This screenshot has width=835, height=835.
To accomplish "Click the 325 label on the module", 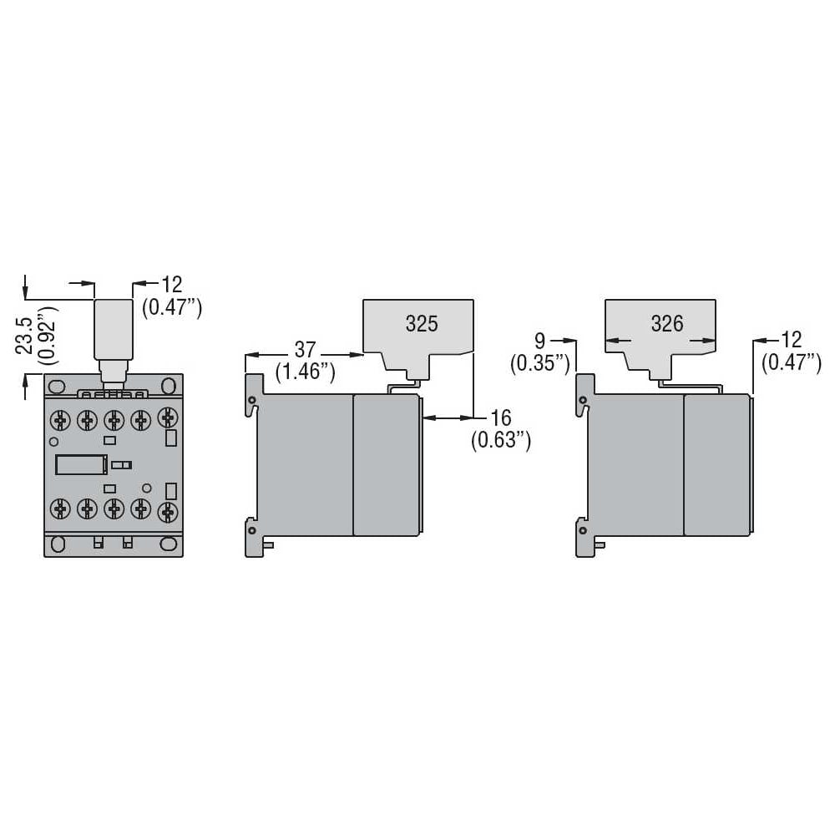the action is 422,324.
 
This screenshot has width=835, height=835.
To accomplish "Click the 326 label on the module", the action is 667,323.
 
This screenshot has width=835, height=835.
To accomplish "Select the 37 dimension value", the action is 305,350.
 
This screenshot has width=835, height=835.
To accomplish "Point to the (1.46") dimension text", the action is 306,372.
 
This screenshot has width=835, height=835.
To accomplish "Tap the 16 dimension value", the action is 500,418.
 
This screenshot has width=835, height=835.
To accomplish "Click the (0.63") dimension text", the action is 501,440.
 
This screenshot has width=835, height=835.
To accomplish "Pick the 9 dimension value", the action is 539,341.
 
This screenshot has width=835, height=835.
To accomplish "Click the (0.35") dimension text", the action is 540,363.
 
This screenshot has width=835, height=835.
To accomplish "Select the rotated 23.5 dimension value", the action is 25,336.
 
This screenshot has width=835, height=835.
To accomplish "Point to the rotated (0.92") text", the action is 48,336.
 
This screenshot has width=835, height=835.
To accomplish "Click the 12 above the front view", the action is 171,285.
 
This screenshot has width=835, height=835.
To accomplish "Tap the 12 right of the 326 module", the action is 791,340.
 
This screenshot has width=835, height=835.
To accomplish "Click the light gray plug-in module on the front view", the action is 114,330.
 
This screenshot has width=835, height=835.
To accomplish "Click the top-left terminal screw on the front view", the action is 60,420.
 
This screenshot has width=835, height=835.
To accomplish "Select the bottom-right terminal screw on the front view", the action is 169,512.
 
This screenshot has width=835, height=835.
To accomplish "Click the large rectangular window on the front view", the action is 82,465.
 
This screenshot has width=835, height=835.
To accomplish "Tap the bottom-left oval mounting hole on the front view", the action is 58,544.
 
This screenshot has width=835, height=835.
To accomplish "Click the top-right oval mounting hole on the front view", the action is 169,385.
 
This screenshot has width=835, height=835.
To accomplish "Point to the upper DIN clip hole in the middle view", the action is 252,400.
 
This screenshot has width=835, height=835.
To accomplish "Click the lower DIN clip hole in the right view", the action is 583,530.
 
